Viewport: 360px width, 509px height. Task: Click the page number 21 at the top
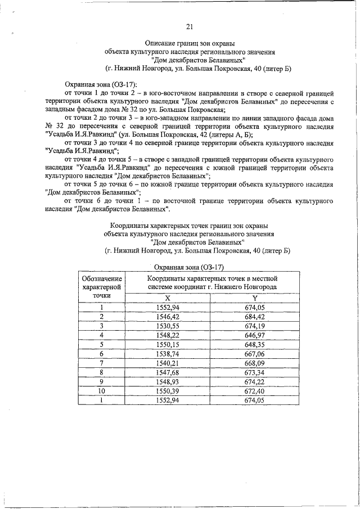click(190, 26)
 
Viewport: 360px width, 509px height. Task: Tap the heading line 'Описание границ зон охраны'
click(190, 43)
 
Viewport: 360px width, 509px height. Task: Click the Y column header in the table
click(254, 298)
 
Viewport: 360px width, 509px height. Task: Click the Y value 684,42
click(254, 316)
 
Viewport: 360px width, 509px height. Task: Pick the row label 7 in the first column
click(102, 362)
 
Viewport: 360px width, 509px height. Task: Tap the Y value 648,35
click(254, 344)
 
